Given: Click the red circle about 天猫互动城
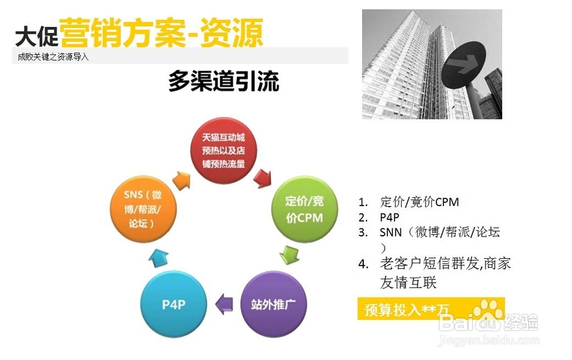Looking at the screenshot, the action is coord(224,151).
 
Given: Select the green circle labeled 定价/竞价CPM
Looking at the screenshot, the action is coord(305,209).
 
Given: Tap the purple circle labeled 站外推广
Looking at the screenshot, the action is coord(273,304).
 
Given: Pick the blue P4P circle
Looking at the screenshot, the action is coord(174,304).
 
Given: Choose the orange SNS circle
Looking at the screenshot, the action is coord(143,209).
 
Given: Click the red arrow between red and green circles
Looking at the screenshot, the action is coord(263,178).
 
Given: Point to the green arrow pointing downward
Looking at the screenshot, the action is coord(289,255).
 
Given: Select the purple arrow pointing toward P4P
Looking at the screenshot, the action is coord(224,304).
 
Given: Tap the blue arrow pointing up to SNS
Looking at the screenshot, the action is coord(158,258).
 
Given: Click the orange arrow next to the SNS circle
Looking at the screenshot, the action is coord(181,180).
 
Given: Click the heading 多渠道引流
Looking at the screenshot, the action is coord(224,81).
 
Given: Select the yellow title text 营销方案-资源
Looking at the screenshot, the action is coord(161,33).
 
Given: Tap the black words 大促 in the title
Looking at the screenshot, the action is coord(37,36).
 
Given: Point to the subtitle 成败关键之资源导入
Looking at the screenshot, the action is coord(53,57).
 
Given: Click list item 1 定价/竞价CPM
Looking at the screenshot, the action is coord(419,202).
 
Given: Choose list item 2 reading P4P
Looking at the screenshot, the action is coord(389,217).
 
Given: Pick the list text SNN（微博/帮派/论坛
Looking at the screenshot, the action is coord(439,232).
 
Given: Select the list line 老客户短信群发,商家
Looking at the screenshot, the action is coord(446,263).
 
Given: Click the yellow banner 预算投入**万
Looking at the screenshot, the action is coord(431,309).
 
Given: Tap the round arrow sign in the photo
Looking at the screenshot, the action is coord(463,65).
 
